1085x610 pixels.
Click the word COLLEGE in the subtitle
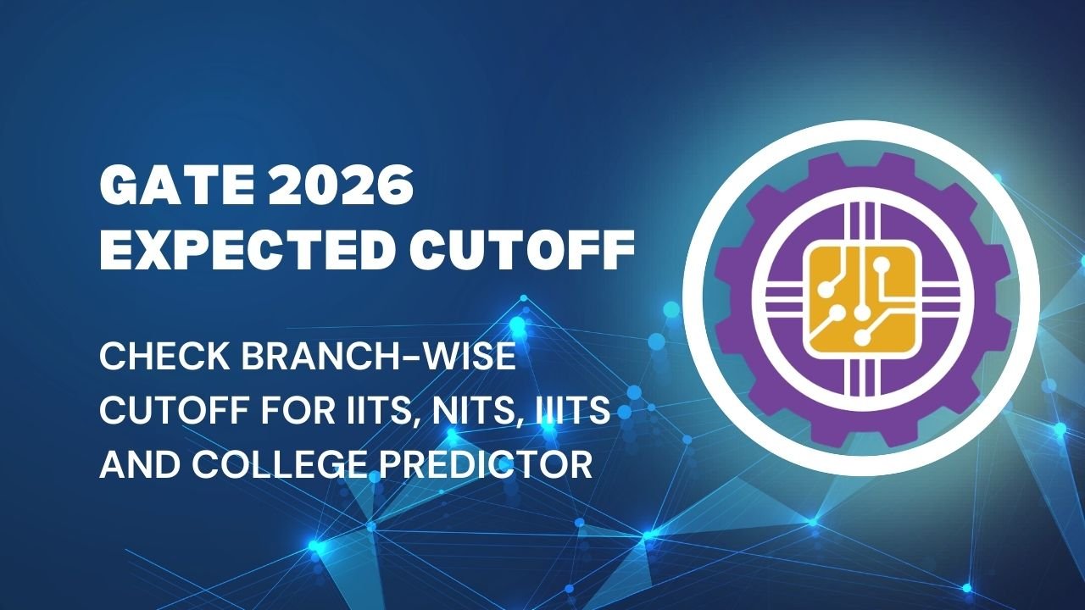click(310, 466)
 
